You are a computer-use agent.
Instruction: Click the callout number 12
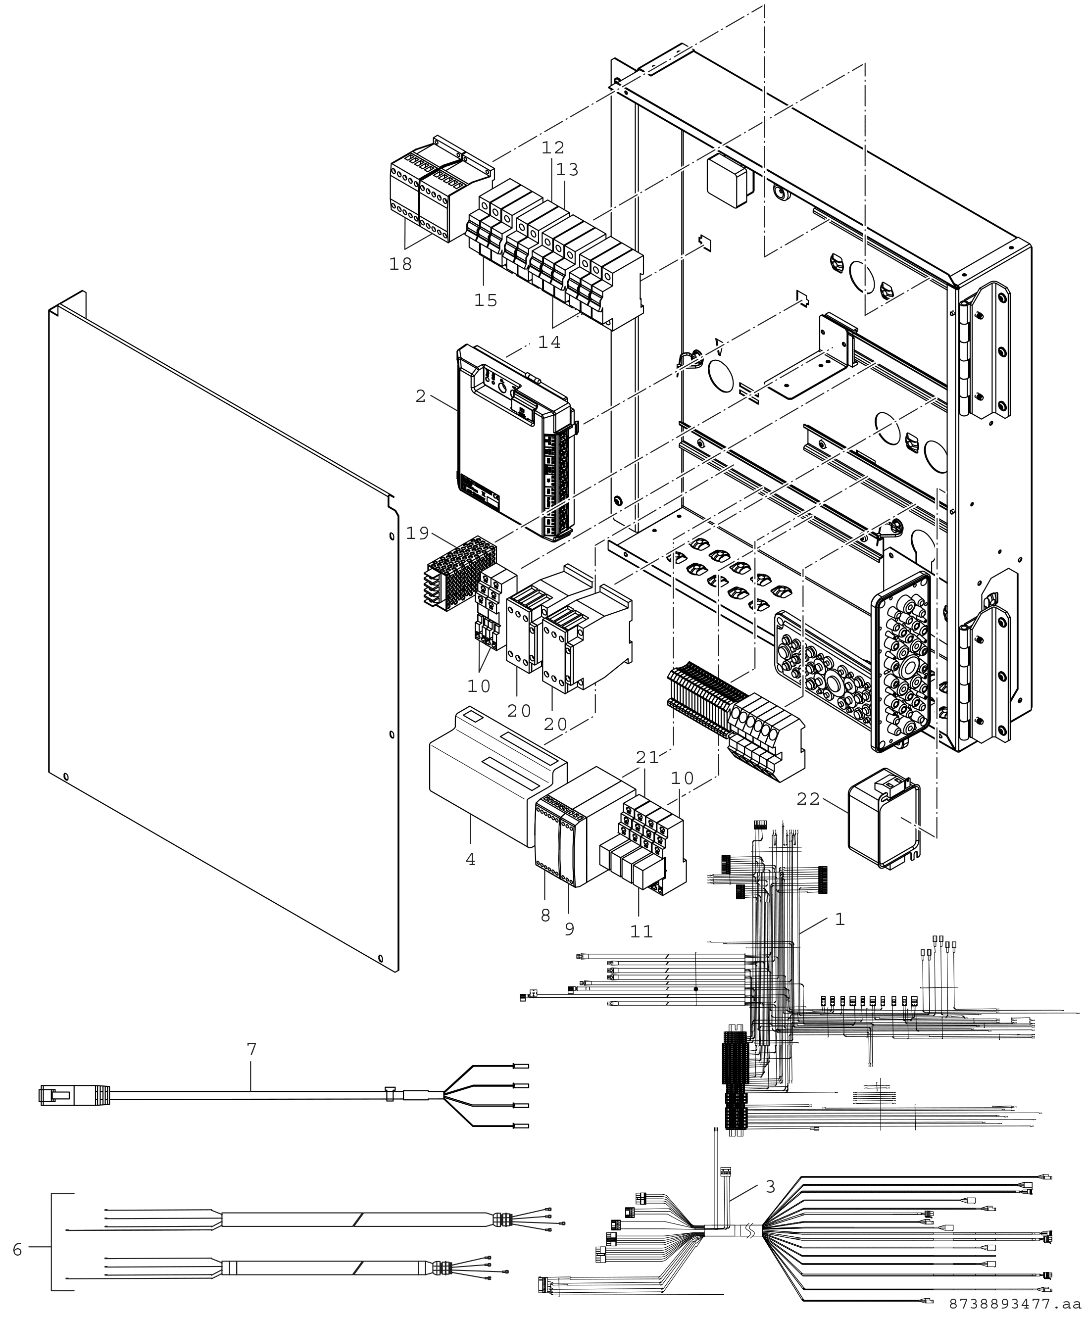click(552, 147)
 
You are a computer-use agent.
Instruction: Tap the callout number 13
click(568, 169)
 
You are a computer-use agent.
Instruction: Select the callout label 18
click(400, 264)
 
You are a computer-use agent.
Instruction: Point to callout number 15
click(486, 300)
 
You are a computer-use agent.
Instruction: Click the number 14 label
click(549, 342)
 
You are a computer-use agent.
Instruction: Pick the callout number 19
click(417, 533)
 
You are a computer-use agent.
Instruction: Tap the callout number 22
click(808, 799)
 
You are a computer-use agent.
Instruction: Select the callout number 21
click(647, 757)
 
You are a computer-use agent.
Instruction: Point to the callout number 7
click(251, 1049)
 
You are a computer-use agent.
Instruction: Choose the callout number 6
click(17, 1249)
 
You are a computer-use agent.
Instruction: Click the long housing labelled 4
click(498, 776)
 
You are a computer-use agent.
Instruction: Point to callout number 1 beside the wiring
click(840, 919)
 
